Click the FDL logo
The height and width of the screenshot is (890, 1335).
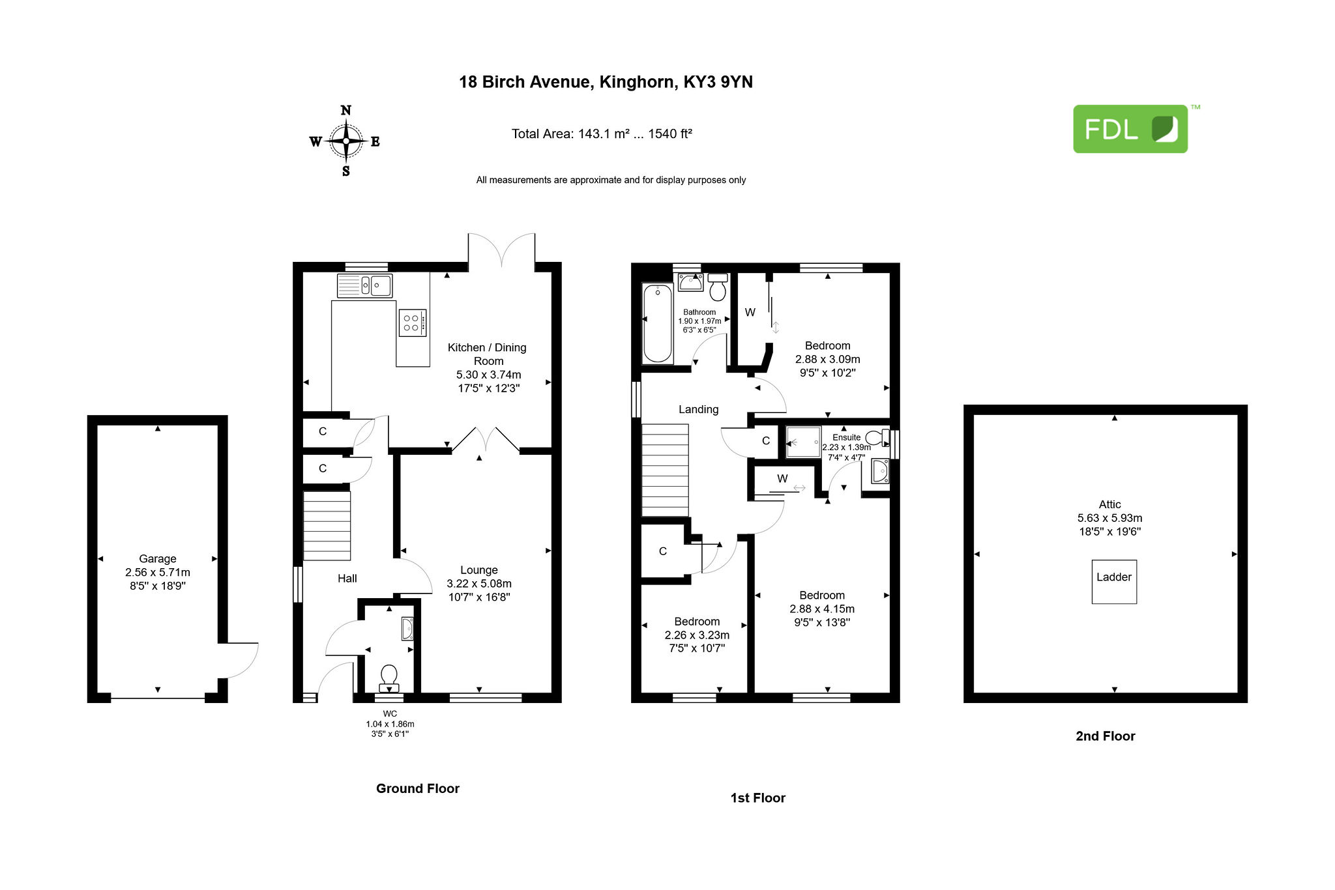pos(1130,129)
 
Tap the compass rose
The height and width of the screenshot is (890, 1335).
pos(345,141)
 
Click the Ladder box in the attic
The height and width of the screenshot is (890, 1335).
pos(1114,581)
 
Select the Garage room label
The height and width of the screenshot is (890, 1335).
pos(158,558)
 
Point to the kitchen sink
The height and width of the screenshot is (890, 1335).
pos(364,285)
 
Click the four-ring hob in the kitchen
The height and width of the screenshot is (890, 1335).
pos(412,323)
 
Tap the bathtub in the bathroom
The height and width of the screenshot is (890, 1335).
pos(658,323)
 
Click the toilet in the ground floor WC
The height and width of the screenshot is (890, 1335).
pos(389,678)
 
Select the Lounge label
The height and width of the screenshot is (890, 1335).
pos(479,570)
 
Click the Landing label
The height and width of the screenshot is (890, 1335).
pos(699,409)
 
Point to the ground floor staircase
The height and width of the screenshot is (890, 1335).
pos(327,525)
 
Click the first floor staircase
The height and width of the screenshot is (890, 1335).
pos(665,470)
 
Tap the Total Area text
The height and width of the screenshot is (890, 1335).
pos(602,134)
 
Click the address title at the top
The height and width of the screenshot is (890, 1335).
pos(606,82)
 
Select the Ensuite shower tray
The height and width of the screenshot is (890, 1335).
pos(803,442)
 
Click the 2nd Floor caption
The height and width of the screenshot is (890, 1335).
pos(1106,736)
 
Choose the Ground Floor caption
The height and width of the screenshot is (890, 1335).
pos(418,788)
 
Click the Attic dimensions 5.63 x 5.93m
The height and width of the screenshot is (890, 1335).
pos(1110,518)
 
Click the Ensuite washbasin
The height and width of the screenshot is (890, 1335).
pos(880,471)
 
